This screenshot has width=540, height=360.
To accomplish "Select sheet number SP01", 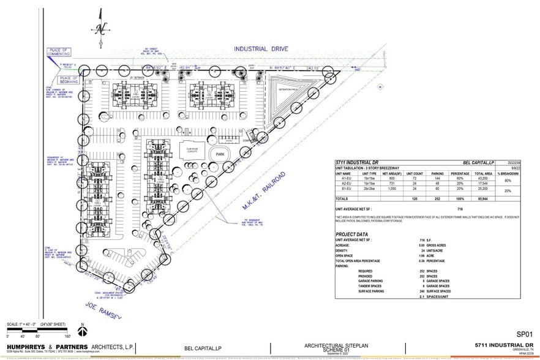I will click(525, 334).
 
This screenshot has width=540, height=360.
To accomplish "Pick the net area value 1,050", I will click(391, 189).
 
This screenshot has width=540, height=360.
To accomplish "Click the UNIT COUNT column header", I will click(414, 173).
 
